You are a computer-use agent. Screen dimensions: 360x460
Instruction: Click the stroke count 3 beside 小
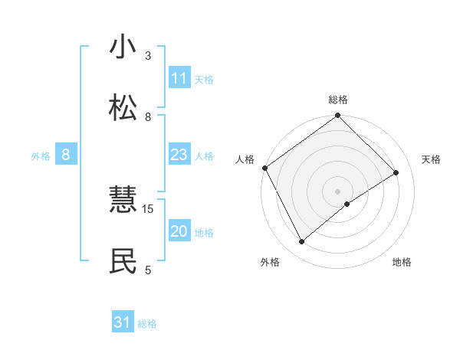(x=148, y=56)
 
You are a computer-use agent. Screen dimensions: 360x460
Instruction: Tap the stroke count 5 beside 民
(x=148, y=270)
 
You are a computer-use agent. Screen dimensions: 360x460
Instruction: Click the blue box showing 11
(x=179, y=78)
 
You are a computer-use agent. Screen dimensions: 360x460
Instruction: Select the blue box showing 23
(x=179, y=155)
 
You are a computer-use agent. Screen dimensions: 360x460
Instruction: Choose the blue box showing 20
(x=179, y=231)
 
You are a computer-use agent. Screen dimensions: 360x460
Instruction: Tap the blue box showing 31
(x=123, y=322)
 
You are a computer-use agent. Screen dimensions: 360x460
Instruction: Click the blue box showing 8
(x=66, y=155)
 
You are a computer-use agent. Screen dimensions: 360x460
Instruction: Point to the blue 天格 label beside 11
(x=204, y=79)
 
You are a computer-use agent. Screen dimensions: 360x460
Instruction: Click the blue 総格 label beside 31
(x=147, y=324)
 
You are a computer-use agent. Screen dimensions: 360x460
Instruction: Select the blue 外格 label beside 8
(x=41, y=156)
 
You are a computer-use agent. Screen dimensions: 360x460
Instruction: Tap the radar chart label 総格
(x=338, y=100)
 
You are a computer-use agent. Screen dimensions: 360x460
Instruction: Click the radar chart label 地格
(x=402, y=262)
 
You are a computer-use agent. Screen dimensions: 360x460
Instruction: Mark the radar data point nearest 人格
(x=264, y=168)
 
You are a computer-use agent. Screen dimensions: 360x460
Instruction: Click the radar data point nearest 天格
(x=396, y=173)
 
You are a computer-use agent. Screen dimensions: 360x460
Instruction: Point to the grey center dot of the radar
(x=338, y=191)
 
